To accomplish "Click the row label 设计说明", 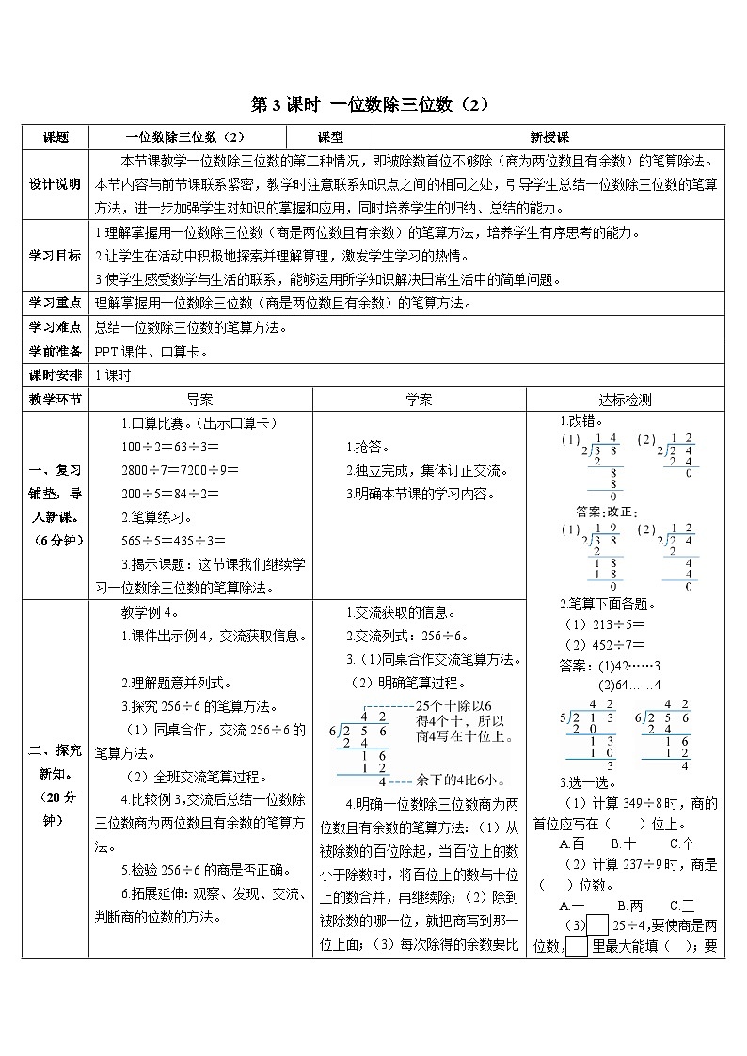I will point(56,183).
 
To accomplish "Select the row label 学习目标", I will point(56,255).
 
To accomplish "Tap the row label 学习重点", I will point(56,303).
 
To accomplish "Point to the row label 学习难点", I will point(56,327).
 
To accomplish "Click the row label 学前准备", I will point(56,352).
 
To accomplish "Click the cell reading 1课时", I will point(112,375).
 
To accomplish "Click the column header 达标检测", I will point(625,400).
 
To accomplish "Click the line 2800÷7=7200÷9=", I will point(180,469).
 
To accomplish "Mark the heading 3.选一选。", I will point(587,782).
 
